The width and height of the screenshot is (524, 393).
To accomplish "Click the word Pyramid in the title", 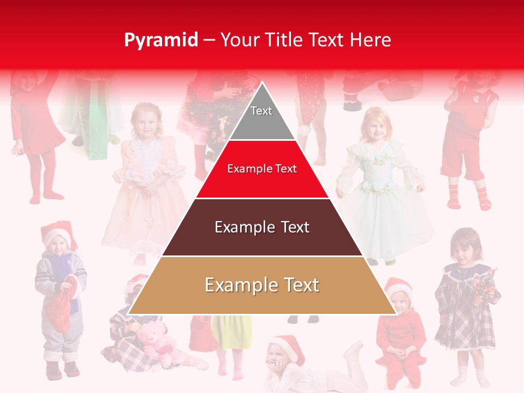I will pos(161,40).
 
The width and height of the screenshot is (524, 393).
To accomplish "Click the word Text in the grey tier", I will pos(261,111).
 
